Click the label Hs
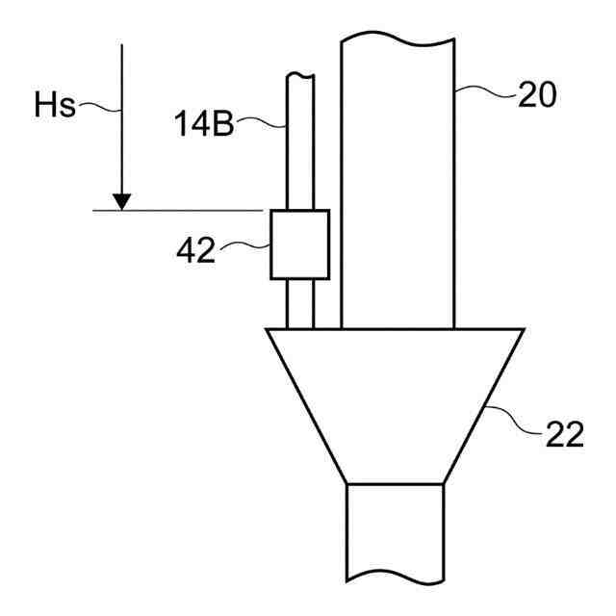[55, 105]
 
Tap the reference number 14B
[204, 123]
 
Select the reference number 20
[537, 94]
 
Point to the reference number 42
[196, 250]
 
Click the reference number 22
[565, 434]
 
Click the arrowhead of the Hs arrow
[122, 202]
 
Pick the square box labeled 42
[299, 244]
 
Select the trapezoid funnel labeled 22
[396, 406]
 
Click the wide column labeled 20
[398, 181]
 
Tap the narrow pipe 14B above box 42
[300, 141]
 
